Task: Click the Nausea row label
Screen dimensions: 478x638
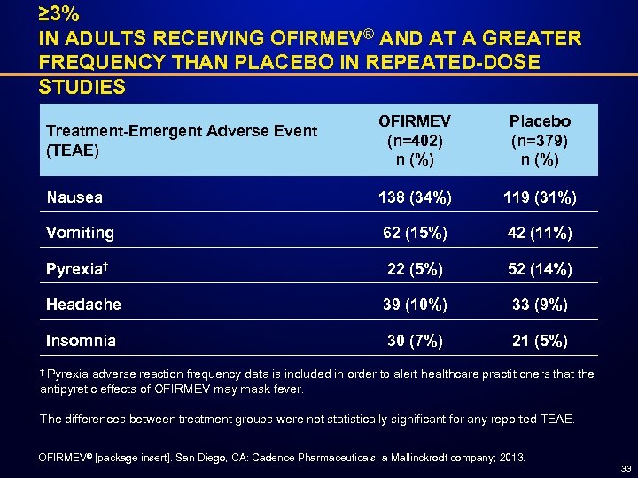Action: (x=74, y=197)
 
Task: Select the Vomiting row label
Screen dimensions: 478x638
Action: (x=80, y=233)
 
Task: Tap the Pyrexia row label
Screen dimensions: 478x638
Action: (x=78, y=268)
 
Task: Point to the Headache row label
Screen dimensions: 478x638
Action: (x=83, y=304)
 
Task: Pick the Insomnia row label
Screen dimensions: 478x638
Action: (x=81, y=339)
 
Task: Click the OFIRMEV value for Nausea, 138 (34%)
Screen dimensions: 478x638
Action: (x=414, y=197)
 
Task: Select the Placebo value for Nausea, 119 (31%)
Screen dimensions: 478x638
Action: (x=540, y=197)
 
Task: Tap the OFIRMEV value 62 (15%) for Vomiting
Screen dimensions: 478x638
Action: (x=414, y=233)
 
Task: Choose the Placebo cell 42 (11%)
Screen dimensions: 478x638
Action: (x=540, y=233)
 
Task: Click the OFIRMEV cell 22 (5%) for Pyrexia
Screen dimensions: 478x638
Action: (x=414, y=268)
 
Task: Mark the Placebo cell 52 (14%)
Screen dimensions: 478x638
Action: (x=540, y=268)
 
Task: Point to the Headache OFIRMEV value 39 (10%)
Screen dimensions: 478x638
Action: (x=414, y=304)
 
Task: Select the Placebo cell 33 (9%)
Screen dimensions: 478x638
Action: (x=540, y=304)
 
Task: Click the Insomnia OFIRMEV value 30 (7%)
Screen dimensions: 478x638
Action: (x=414, y=340)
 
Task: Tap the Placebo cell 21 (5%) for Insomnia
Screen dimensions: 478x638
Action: (x=540, y=340)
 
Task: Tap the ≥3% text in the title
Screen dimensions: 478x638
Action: (x=59, y=15)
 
